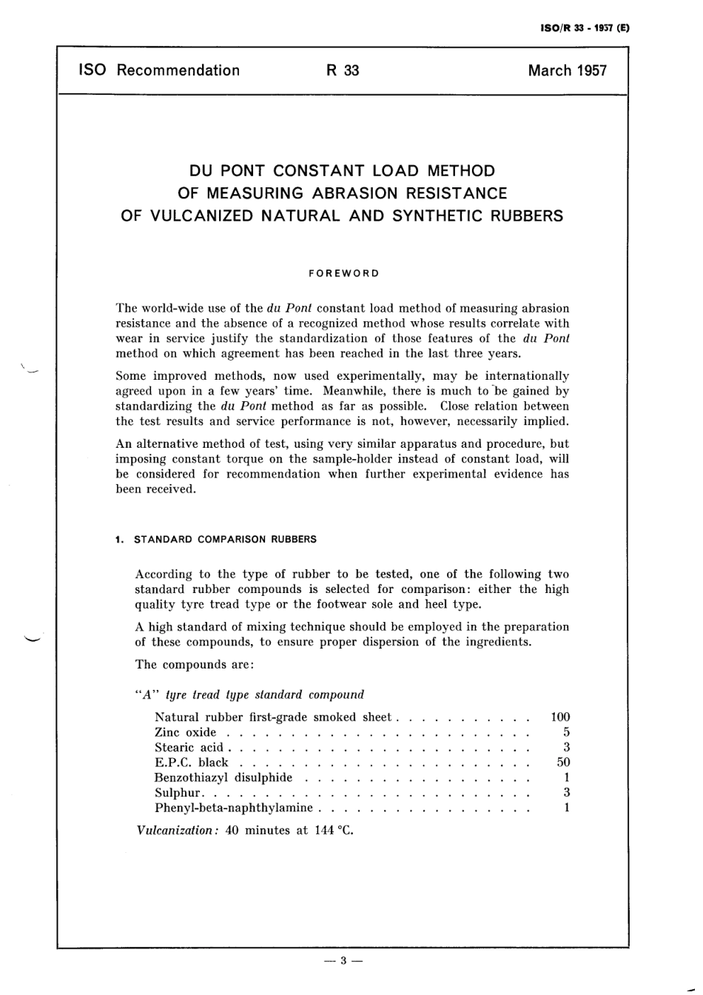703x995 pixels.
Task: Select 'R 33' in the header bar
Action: tap(343, 71)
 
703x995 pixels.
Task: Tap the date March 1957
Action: tap(567, 71)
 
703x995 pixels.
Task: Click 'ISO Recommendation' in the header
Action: tap(159, 71)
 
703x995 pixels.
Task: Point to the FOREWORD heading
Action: tap(343, 273)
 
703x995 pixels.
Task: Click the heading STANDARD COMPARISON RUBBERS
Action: tap(225, 540)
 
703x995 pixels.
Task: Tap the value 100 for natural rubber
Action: tap(560, 717)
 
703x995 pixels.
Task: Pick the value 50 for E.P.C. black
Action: tap(563, 762)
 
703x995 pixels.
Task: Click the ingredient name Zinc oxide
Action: tap(185, 732)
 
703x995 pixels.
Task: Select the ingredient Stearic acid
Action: tap(189, 747)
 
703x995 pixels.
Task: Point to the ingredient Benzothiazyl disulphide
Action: tap(223, 777)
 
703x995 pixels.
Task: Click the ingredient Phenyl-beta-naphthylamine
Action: tap(234, 808)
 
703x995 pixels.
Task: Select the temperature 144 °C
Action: tap(334, 831)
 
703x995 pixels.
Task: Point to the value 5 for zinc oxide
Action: tap(566, 732)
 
